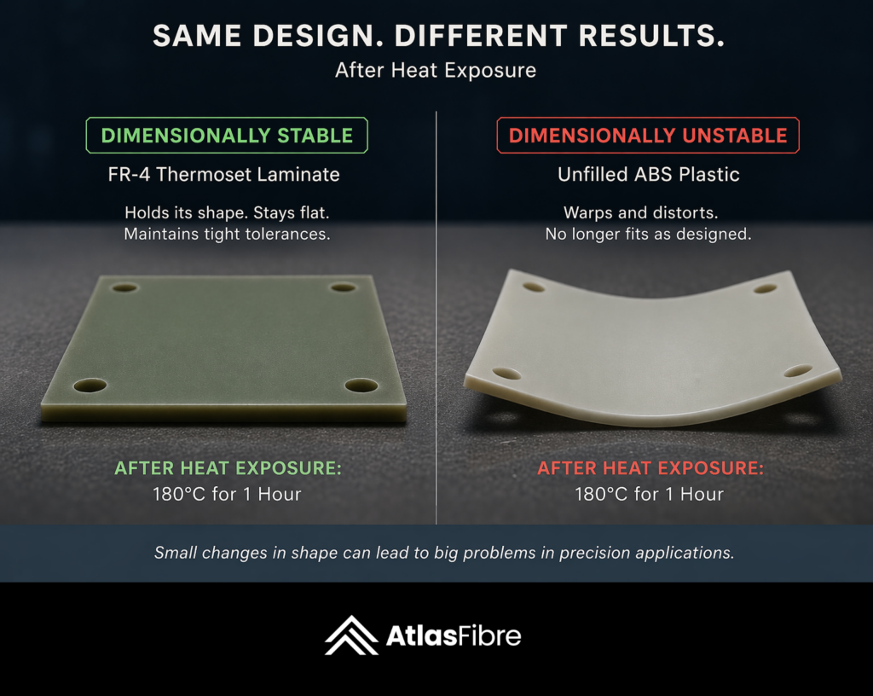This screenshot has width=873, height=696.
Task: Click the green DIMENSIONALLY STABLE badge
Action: tap(227, 136)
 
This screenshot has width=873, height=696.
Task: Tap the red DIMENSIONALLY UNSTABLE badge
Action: tap(648, 136)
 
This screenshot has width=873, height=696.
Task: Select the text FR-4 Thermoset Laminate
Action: tap(224, 174)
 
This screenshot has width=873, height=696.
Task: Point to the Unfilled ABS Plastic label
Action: tap(649, 174)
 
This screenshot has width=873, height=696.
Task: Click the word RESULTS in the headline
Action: tap(651, 36)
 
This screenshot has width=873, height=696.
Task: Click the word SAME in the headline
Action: tap(197, 36)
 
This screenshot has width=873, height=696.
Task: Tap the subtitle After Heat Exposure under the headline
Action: tap(436, 70)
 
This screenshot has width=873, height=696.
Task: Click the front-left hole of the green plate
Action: tap(90, 385)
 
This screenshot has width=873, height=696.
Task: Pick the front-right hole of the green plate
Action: tap(361, 385)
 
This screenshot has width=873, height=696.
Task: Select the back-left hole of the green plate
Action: tap(124, 287)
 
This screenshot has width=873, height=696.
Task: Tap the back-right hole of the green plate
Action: tap(343, 287)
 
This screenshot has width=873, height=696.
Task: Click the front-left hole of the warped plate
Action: tap(506, 373)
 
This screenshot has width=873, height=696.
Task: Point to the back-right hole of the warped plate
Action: tap(765, 289)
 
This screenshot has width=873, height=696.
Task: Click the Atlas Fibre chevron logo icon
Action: tap(352, 635)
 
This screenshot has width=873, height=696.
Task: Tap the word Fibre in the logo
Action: tap(489, 635)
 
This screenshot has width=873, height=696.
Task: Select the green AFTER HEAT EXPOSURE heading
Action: tap(228, 468)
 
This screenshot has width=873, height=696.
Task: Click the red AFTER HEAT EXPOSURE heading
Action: tap(650, 468)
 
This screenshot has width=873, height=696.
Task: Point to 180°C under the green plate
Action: tap(179, 494)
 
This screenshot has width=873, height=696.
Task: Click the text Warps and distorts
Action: tap(641, 212)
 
